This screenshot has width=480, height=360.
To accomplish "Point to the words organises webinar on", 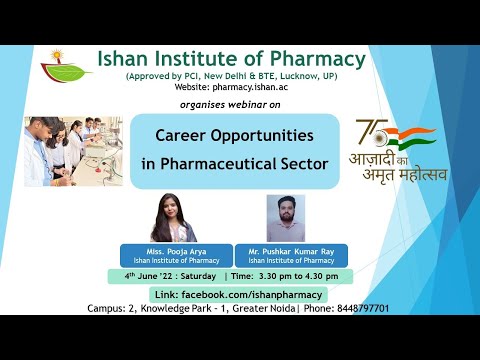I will point(236,103).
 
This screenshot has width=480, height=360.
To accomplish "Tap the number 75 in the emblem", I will point(369,134).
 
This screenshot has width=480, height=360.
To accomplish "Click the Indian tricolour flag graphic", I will point(410,134).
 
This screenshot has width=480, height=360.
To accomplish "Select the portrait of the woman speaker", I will point(173,218).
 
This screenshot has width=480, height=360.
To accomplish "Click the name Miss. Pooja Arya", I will point(175,251).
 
